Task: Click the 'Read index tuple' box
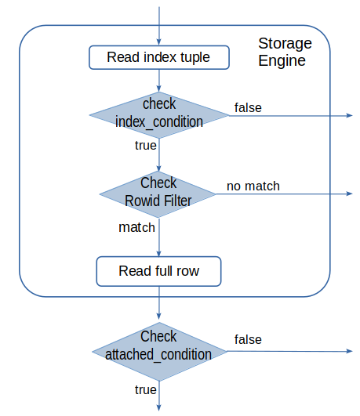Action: (159, 57)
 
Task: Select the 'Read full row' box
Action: (158, 271)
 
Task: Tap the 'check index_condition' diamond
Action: (159, 115)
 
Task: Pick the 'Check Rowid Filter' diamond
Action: (158, 194)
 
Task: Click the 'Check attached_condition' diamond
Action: (159, 352)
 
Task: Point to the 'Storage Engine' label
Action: (285, 52)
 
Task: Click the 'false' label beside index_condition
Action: (248, 107)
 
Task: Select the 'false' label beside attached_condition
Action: (248, 339)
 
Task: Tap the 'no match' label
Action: (253, 186)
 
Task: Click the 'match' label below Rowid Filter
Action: (136, 227)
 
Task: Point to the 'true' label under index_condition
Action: (146, 146)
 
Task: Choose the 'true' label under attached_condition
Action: (146, 389)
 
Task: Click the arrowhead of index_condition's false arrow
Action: (350, 115)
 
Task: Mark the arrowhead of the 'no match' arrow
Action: (350, 194)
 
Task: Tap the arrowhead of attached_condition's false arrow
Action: (350, 351)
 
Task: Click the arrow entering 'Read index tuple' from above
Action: (159, 26)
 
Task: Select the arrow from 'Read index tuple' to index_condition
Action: (159, 81)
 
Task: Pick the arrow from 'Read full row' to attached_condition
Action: (159, 303)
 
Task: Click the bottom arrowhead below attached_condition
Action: (159, 407)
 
